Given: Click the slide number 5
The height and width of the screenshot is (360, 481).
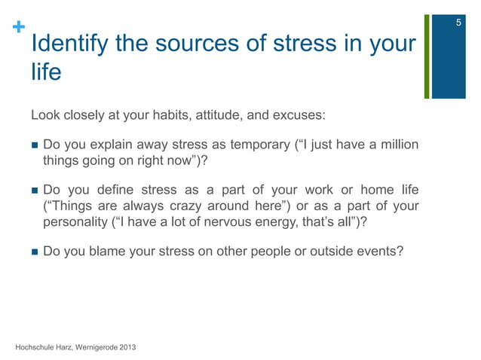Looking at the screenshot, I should [x=458, y=26].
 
